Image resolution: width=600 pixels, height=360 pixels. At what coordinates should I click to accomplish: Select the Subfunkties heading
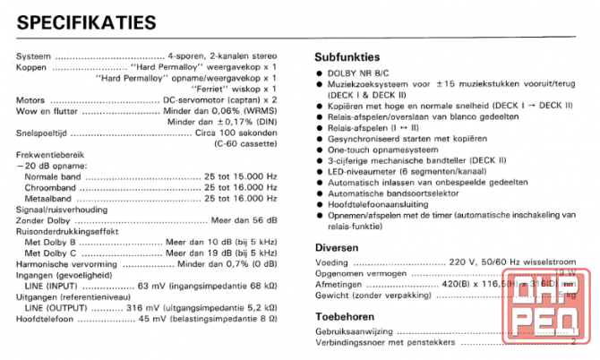(x=347, y=56)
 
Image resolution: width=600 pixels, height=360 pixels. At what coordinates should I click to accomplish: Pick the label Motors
(x=31, y=99)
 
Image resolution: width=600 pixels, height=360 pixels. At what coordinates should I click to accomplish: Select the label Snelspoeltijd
(x=42, y=133)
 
